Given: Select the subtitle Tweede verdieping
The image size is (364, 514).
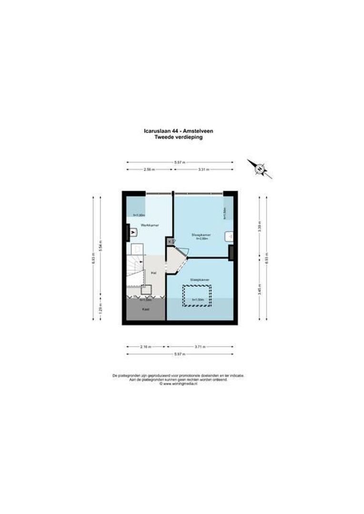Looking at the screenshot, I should point(179,137).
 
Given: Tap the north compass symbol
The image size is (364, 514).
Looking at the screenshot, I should point(260,168).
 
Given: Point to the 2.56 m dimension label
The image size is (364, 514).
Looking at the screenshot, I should point(150,169).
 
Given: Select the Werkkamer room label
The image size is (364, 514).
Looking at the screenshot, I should point(149,225).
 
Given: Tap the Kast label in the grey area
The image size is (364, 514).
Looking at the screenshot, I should point(145,309).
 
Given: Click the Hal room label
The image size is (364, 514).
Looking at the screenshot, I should point(153,273).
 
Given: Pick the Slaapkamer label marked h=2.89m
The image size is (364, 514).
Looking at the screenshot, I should point(202,236).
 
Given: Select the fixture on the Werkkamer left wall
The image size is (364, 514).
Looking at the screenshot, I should point(133,232).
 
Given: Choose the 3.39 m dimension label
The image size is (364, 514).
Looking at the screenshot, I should point(259,225).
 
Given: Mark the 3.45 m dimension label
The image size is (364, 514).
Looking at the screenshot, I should point(259,288).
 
